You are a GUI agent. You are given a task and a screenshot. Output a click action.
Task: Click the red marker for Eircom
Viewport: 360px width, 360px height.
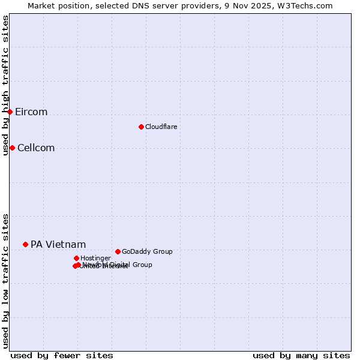10,112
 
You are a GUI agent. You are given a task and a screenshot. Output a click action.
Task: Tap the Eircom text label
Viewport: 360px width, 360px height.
31,112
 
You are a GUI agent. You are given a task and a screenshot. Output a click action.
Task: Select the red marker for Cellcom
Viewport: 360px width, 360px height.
12,148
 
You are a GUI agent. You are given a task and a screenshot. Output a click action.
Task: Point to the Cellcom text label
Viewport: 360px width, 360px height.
36,148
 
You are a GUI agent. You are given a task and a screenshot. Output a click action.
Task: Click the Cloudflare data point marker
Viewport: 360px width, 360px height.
141,127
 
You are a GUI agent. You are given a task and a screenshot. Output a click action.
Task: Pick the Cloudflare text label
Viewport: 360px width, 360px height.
161,127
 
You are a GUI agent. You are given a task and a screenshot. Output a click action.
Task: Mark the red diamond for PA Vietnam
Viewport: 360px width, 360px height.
25,244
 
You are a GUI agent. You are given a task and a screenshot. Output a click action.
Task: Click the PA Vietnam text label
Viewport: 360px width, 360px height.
58,245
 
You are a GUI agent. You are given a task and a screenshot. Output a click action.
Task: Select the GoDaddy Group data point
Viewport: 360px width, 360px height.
118,251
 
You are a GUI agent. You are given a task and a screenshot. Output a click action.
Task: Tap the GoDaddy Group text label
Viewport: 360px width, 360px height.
147,252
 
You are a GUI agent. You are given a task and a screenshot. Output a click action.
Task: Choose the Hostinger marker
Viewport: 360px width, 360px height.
76,258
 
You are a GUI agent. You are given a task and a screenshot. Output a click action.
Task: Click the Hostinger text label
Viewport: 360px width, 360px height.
95,259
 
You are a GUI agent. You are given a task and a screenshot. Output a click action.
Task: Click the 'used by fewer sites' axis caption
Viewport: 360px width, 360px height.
62,355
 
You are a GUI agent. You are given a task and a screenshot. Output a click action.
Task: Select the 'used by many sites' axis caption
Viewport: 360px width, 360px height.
301,355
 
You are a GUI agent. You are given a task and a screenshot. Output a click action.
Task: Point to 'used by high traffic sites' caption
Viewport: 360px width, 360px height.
5,85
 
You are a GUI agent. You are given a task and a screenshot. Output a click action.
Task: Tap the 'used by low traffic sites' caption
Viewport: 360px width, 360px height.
5,280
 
